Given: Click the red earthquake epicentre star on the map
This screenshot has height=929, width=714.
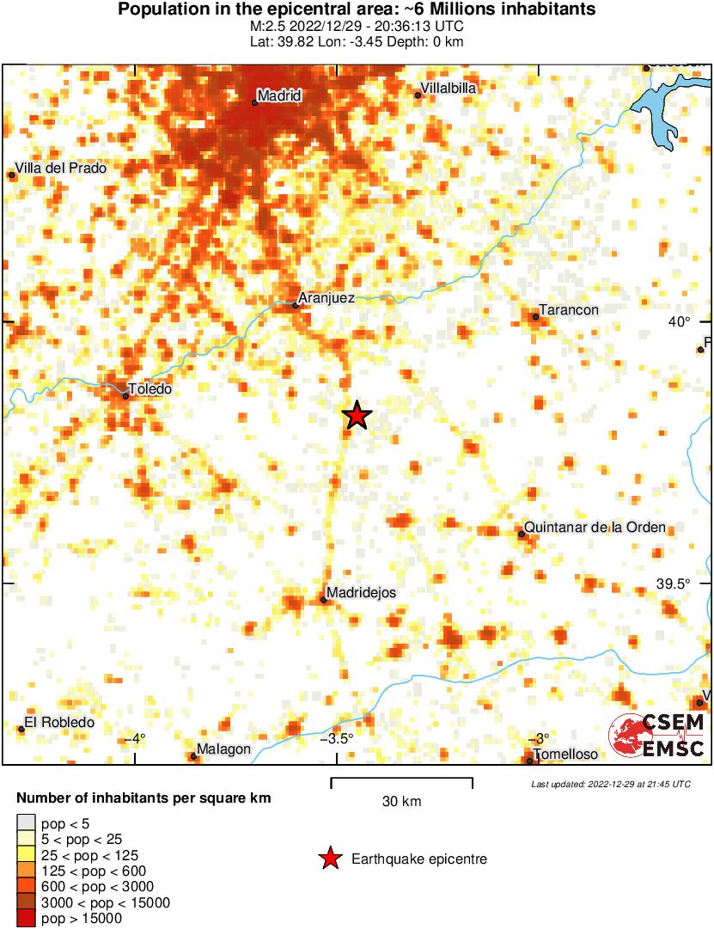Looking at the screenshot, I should [357, 416].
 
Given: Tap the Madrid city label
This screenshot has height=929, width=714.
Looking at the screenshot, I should [280, 95].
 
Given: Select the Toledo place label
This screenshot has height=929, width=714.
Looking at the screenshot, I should [150, 389].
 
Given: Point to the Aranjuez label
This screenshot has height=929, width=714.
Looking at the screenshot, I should [326, 298].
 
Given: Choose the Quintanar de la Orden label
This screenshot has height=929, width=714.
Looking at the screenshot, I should [595, 527].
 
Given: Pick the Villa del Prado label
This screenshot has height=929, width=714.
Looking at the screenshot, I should [61, 168].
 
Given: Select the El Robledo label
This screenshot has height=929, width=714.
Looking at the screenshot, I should [59, 723].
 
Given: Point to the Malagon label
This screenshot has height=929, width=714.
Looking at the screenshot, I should [223, 749].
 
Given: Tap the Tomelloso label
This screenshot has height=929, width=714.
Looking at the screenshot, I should [565, 755].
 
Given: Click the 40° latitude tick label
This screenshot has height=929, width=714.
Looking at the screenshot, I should [680, 322].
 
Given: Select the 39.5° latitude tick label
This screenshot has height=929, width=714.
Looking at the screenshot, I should [673, 584].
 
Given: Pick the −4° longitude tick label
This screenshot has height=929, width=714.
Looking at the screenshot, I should [135, 738].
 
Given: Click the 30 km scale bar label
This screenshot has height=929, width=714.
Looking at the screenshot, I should [401, 802].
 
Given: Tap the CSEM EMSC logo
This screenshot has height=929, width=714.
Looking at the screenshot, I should [657, 736].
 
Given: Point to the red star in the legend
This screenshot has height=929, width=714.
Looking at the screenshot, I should [329, 859].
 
